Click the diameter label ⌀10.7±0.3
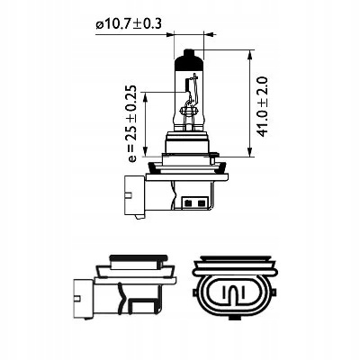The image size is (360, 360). coord(129,24)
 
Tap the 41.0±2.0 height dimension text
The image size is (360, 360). coord(263,107)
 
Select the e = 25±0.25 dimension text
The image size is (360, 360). coord(131,123)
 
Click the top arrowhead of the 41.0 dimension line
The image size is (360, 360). coord(250,55)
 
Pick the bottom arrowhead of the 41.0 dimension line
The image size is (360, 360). coord(250,152)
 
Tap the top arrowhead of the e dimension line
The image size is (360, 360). coord(145,96)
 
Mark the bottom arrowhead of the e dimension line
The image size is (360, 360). coord(145,152)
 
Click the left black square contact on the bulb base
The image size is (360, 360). coord(189,202)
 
